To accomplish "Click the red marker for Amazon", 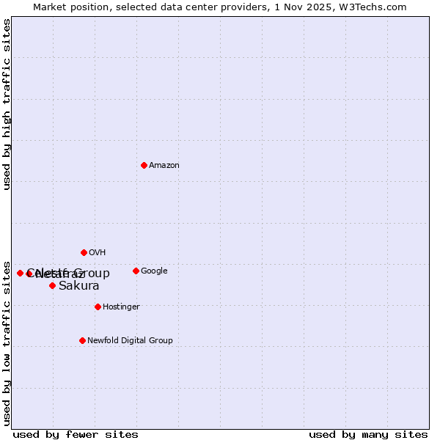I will point(144,165).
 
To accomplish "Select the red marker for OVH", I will point(84,252).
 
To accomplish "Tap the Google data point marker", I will point(136,271).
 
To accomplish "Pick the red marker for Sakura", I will point(52,285).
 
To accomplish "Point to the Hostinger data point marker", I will point(98,307).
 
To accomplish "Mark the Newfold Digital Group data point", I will point(82,340).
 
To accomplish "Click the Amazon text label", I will point(164,165).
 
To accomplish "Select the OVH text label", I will point(98,252).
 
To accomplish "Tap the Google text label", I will point(154,271).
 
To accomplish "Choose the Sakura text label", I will point(79,285).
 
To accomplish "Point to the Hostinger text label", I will point(121,307).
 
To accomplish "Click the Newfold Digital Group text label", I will point(130,340).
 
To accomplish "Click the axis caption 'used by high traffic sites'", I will point(7,104).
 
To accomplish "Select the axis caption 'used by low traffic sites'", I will point(7,342).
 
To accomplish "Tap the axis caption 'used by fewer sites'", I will point(76,434).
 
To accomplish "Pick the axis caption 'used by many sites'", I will point(368,434).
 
